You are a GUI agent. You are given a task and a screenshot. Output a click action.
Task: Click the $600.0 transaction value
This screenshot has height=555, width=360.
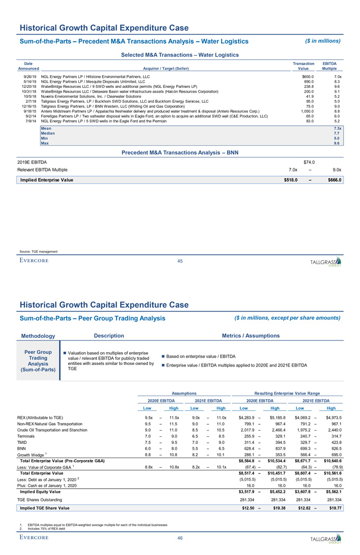[307, 77]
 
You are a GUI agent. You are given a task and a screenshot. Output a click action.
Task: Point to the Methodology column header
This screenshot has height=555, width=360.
[38, 336]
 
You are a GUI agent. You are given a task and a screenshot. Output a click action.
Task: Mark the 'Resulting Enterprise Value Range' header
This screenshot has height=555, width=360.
[289, 393]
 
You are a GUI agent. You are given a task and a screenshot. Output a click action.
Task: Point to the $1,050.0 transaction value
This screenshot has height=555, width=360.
[304, 111]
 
